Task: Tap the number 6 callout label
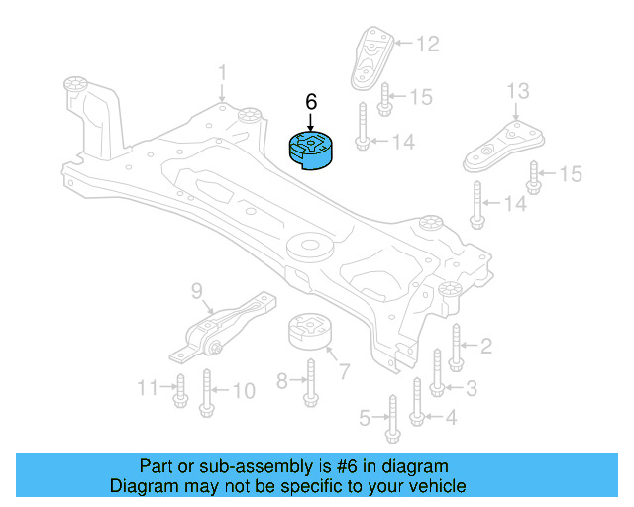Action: (x=311, y=102)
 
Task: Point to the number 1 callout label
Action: (x=223, y=72)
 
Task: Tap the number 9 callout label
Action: (x=196, y=291)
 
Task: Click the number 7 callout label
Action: (x=344, y=372)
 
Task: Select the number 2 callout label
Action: (x=485, y=346)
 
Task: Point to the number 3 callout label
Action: (x=471, y=387)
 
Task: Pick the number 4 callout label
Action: (x=451, y=418)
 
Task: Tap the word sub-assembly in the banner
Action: (x=235, y=465)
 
